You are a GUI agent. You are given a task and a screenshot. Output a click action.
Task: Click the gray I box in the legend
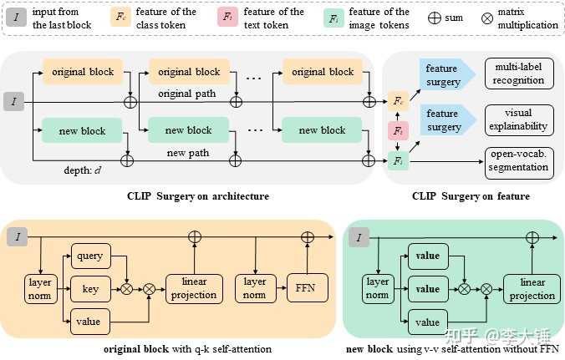click(16, 18)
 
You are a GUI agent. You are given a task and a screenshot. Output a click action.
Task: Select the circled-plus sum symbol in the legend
click(435, 18)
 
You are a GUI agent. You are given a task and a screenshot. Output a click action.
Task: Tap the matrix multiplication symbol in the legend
click(487, 18)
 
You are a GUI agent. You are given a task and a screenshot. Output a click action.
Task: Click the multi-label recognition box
click(519, 74)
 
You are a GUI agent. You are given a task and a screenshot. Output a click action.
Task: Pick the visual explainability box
click(519, 120)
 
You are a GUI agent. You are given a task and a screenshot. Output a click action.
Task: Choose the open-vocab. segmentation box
click(519, 163)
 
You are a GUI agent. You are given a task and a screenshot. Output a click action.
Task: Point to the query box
click(91, 256)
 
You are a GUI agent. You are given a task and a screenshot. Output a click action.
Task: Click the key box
click(91, 289)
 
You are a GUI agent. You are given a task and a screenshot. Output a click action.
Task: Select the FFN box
click(308, 288)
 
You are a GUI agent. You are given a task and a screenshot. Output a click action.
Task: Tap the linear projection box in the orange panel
click(194, 289)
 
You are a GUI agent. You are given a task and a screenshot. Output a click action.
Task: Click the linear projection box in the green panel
click(532, 289)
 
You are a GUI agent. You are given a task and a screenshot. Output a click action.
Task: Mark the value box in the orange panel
click(90, 322)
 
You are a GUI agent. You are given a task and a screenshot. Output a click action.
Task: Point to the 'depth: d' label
click(83, 170)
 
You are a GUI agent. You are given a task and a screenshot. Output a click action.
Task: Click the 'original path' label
click(187, 94)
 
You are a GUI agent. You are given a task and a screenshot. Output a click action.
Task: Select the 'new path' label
click(188, 153)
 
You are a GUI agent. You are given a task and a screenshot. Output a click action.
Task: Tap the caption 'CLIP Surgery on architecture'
click(198, 196)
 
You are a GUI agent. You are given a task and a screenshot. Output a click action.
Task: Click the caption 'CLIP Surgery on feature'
click(471, 196)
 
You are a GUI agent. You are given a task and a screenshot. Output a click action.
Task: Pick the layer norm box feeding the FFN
click(255, 288)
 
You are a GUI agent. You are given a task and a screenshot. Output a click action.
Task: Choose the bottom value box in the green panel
click(428, 322)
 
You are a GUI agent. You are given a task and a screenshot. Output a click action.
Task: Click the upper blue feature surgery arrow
click(447, 74)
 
